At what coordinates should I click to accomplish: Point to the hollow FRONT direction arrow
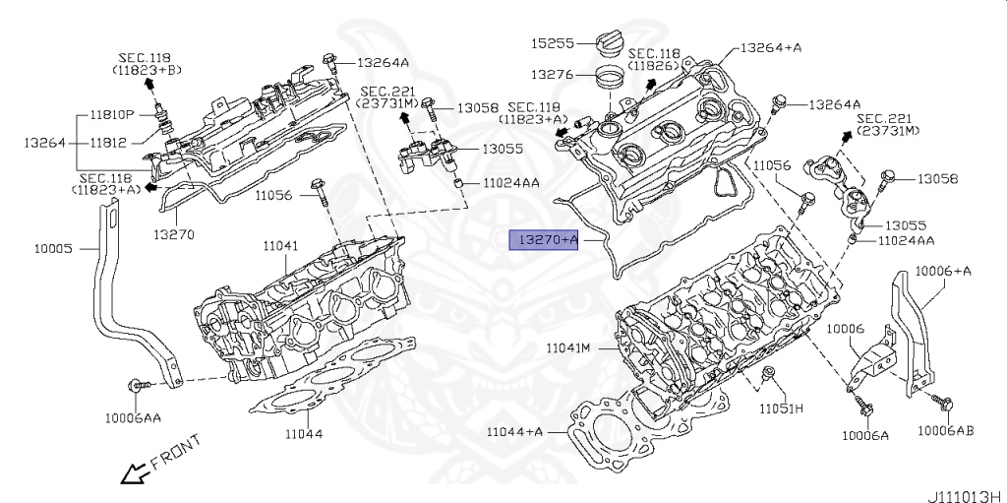pos(130,475)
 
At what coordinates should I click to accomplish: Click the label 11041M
pos(568,348)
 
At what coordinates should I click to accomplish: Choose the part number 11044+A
pos(514,431)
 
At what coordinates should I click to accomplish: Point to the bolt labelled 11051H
pos(769,374)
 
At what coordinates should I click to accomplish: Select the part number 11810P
pos(113,115)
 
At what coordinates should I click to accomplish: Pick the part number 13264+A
pos(770,46)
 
